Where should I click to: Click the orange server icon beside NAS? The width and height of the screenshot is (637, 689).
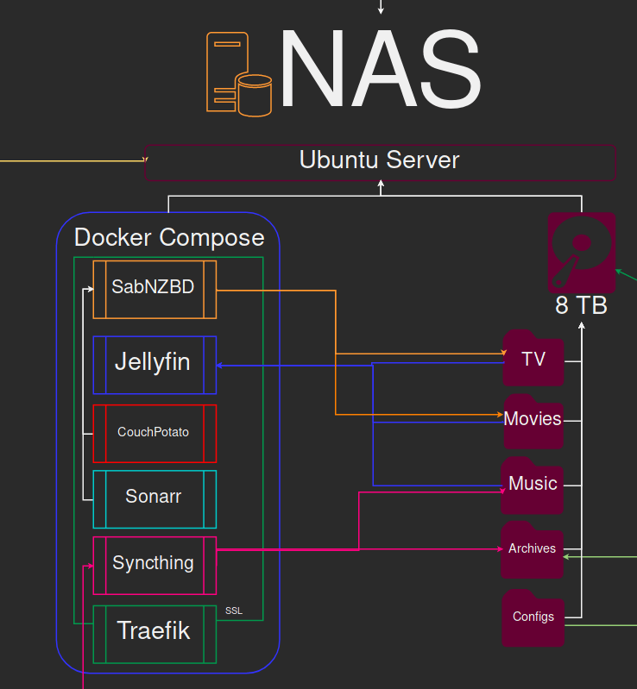coord(238,72)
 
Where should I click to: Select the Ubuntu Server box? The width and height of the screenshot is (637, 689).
coord(380,161)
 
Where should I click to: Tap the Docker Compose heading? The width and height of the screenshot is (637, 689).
coord(169,237)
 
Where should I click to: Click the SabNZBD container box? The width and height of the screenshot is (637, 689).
coord(154,289)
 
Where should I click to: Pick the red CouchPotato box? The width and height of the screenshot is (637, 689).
coord(154,433)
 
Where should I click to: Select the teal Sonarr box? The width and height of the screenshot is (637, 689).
coord(154,498)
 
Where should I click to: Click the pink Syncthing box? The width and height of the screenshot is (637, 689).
coord(154,564)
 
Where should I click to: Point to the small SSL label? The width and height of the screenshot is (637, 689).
coord(234,611)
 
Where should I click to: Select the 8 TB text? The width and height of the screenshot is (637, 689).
coord(581,305)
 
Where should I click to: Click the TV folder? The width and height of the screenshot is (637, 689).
coord(533,359)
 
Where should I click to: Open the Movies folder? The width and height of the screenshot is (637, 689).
coord(533,420)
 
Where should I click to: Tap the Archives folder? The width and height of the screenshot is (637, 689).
coord(533,549)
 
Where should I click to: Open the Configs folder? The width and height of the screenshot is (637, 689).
coord(533,617)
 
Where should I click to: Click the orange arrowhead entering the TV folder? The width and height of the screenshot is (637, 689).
coord(502,354)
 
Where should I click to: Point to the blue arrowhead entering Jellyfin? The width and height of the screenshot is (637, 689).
coord(220,366)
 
